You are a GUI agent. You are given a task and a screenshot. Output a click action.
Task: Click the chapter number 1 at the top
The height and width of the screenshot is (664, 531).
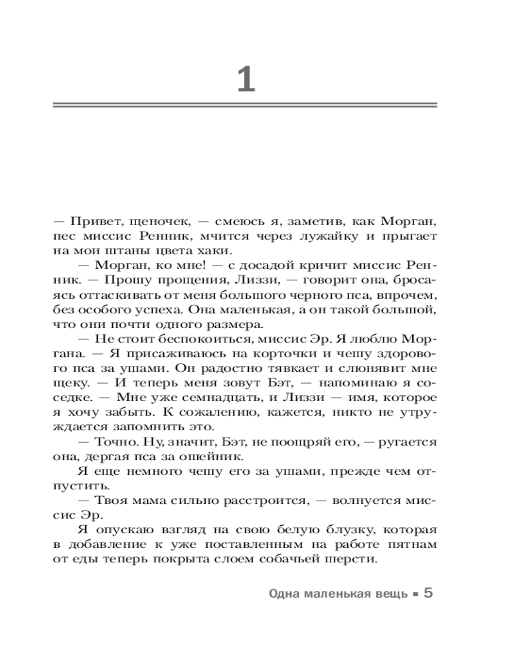pos(246,80)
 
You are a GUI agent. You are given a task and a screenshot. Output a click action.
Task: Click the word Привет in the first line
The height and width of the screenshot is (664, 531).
pos(87,220)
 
